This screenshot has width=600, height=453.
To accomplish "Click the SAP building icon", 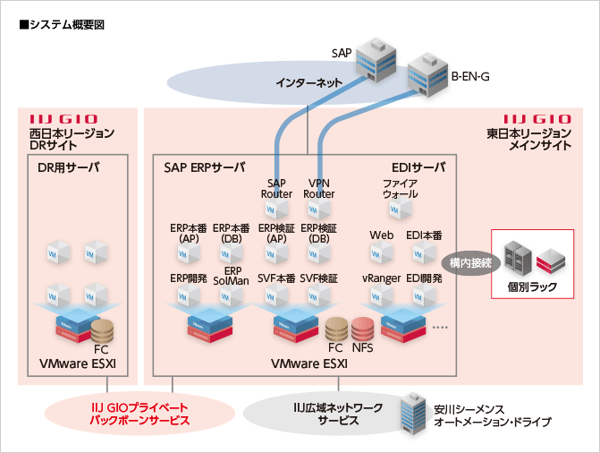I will coord(373,60).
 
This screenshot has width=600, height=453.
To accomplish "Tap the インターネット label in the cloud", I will coord(308,83).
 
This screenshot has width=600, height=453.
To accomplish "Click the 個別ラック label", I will coord(531,286).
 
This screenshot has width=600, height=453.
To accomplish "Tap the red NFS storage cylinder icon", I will coord(363,328).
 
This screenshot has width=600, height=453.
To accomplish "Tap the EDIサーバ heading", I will coord(418,167).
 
